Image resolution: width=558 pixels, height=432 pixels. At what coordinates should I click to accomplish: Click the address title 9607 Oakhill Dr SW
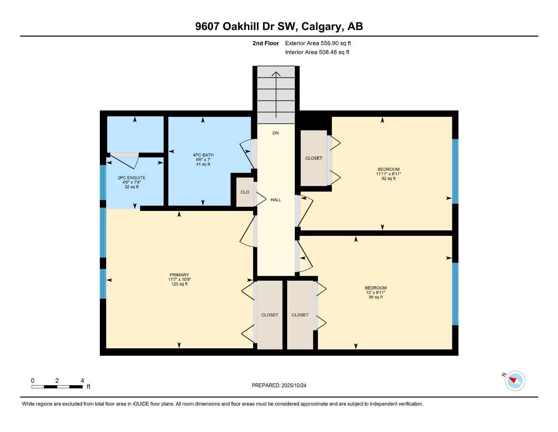(x=279, y=26)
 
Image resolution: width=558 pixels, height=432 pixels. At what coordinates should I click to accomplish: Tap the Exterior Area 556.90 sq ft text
(x=318, y=43)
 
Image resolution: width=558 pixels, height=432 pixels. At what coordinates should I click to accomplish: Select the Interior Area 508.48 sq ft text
(x=317, y=52)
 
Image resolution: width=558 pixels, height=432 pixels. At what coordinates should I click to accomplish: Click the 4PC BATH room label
(x=203, y=155)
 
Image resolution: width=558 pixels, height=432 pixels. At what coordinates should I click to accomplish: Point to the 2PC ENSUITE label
(x=131, y=178)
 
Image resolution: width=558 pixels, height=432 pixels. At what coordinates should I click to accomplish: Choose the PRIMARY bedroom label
(x=179, y=275)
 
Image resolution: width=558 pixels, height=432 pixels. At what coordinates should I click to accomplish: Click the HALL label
(x=276, y=200)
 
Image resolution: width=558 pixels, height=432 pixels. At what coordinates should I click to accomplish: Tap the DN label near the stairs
(x=275, y=133)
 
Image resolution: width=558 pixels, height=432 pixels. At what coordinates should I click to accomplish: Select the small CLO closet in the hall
(x=245, y=192)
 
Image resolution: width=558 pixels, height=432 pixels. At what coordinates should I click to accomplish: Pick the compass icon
(x=515, y=381)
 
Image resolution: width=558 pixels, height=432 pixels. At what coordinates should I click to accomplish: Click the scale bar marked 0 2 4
(x=57, y=386)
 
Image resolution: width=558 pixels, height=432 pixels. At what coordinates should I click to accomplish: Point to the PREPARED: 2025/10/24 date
(x=279, y=386)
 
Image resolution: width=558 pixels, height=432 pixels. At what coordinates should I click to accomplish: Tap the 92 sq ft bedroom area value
(x=388, y=179)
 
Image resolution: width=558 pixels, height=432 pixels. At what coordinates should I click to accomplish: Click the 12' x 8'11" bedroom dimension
(x=376, y=293)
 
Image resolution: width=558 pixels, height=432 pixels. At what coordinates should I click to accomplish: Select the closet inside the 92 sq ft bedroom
(x=314, y=158)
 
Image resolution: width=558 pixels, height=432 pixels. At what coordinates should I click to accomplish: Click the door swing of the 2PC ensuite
(x=125, y=159)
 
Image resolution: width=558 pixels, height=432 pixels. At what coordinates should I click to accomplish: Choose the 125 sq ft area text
(x=179, y=284)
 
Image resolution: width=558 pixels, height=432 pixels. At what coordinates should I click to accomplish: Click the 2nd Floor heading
(x=266, y=43)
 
